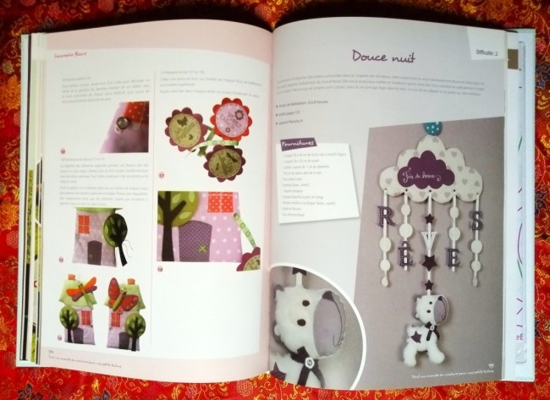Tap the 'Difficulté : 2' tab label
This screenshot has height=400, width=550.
pos(486,50)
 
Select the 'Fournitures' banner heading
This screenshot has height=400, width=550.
pos(300,145)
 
